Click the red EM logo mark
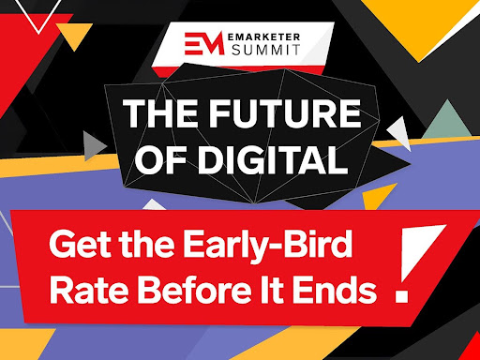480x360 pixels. pos(204,43)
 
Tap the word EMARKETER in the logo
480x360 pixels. pos(263,37)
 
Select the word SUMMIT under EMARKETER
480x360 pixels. pos(265,50)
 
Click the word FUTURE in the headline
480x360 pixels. pos(285,113)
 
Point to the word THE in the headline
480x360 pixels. pos(162,113)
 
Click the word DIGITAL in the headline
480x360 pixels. pos(273,159)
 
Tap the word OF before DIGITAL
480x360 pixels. pos(161,159)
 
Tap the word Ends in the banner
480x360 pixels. pos(335,290)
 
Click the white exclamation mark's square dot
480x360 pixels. pos(401,296)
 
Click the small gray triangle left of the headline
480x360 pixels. pos(94,146)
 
